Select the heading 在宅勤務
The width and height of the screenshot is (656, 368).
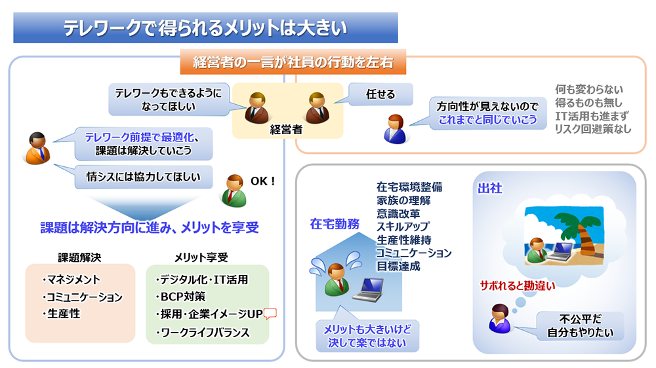335,223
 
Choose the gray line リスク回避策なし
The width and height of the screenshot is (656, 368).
593,129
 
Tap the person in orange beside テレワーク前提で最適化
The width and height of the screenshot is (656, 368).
37,148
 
